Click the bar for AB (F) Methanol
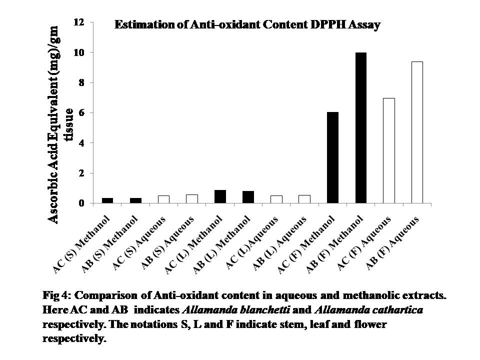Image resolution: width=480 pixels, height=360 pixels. pos(360,128)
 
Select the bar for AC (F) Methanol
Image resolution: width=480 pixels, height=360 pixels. pos(332,158)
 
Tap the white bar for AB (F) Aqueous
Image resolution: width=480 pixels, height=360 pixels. pos(416,132)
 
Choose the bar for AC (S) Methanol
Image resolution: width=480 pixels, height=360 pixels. pos(107,200)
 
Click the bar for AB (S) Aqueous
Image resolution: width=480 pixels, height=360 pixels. pos(191,199)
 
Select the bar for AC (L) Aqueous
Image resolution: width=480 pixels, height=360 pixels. pos(276,199)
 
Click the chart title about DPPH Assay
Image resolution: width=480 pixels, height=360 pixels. pos(247,24)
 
